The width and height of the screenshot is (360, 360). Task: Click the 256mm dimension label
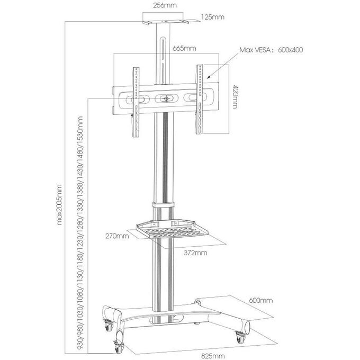click(165, 5)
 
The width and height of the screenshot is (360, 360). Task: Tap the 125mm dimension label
click(213, 17)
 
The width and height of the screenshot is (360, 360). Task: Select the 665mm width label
click(184, 49)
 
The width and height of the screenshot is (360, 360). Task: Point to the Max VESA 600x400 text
click(271, 50)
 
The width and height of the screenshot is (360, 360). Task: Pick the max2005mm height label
click(59, 204)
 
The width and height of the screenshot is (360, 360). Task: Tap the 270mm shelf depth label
click(117, 236)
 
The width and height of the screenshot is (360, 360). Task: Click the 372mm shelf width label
click(195, 253)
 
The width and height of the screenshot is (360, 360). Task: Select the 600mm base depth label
click(261, 300)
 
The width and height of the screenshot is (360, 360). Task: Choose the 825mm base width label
click(213, 356)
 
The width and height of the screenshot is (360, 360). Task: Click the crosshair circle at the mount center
click(166, 98)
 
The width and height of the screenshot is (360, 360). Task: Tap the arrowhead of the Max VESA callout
click(208, 77)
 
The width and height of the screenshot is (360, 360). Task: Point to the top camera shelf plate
click(165, 22)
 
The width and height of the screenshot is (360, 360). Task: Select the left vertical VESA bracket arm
click(136, 102)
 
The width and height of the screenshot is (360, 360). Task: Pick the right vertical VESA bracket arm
click(199, 99)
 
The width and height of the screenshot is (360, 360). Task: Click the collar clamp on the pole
click(163, 205)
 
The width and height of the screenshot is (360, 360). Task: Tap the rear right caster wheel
click(240, 337)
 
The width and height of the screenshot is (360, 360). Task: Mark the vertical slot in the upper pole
click(163, 59)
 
